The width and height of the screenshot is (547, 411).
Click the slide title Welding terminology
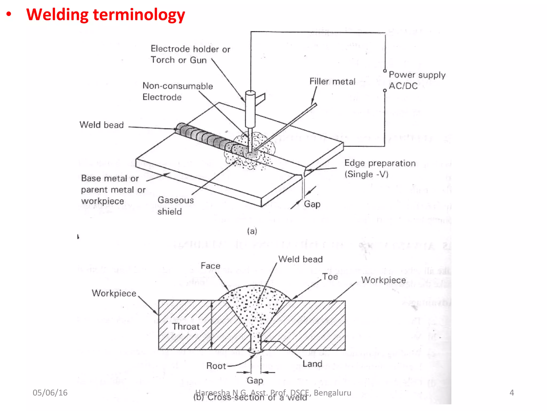pos(106,15)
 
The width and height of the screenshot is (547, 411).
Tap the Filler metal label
pos(332,81)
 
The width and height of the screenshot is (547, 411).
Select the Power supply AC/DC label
pos(417,80)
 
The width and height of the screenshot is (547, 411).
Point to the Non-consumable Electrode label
pos(177,91)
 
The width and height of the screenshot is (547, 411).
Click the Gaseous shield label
pos(175,205)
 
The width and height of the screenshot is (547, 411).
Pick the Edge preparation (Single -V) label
pos(380,169)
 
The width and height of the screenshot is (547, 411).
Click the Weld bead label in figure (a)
pos(101,125)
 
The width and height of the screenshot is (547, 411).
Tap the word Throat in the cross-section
pos(186,326)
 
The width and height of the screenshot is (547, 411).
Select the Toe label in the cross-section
pos(330,277)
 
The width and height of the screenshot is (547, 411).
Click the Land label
pos(312,364)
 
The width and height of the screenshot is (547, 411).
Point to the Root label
pos(216,366)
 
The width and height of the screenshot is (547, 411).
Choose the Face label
pos(210,266)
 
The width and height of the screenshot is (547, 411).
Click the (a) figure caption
pos(252,231)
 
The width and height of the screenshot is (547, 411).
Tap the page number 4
pos(511,393)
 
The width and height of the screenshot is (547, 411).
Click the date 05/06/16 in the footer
pos(50,393)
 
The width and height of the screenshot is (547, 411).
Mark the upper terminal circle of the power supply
pos(385,71)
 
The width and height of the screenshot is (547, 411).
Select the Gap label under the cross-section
pos(255,380)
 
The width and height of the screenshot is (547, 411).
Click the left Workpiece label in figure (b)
pos(114,293)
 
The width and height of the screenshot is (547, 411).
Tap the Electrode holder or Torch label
pos(190,54)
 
